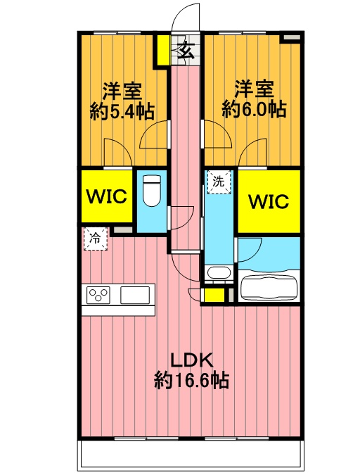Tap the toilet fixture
coord(151,191)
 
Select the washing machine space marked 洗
coord(219,182)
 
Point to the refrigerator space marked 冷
coord(96,239)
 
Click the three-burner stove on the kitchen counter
coord(98,295)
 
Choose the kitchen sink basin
coord(135,295)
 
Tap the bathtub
coord(269,286)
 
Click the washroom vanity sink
coord(219,272)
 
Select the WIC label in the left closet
coord(107,196)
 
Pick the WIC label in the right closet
coord(269,201)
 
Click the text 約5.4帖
coord(122,112)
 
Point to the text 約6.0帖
coord(254,109)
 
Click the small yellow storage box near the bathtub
coord(214,295)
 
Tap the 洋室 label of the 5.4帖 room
coord(122,91)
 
